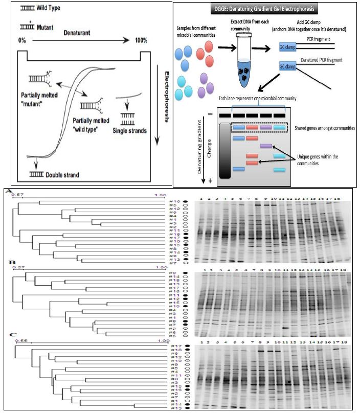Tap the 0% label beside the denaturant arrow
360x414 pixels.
tap(22, 39)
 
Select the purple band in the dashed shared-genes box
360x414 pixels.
tap(266, 127)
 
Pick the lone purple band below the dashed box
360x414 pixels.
tap(266, 146)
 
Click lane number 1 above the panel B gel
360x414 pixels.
tap(205, 269)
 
